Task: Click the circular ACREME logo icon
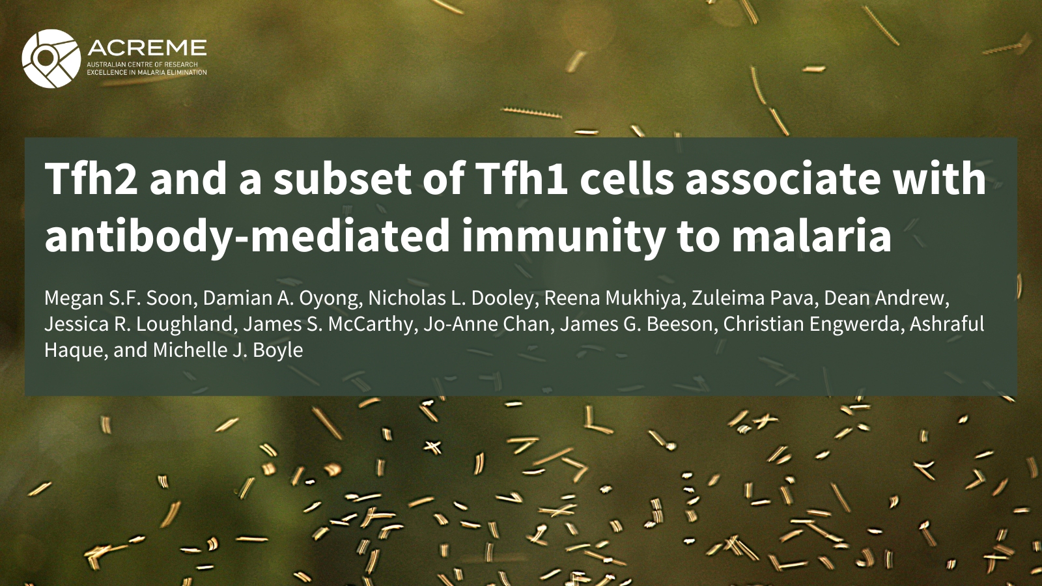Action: coord(51,59)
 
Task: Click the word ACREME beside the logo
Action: coord(147,48)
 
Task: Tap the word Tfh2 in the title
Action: coord(91,179)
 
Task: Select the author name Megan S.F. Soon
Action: coord(118,298)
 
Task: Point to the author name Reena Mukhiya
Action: coord(612,299)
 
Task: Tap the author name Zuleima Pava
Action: coord(752,298)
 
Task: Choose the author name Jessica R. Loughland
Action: coord(138,325)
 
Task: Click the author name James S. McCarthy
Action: coord(328,325)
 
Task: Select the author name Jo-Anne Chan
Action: coord(486,324)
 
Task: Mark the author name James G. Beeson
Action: coord(636,324)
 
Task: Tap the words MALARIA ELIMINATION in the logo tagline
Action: coord(177,72)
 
